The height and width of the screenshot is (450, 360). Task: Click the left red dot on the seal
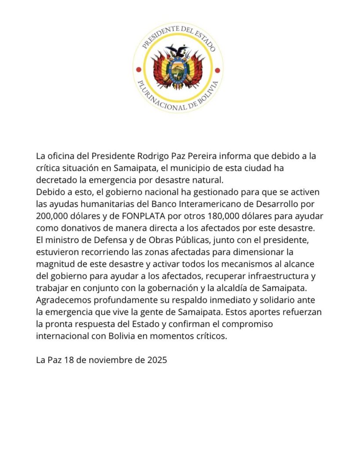coord(138,69)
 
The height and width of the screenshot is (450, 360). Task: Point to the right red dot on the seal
coord(218,69)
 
